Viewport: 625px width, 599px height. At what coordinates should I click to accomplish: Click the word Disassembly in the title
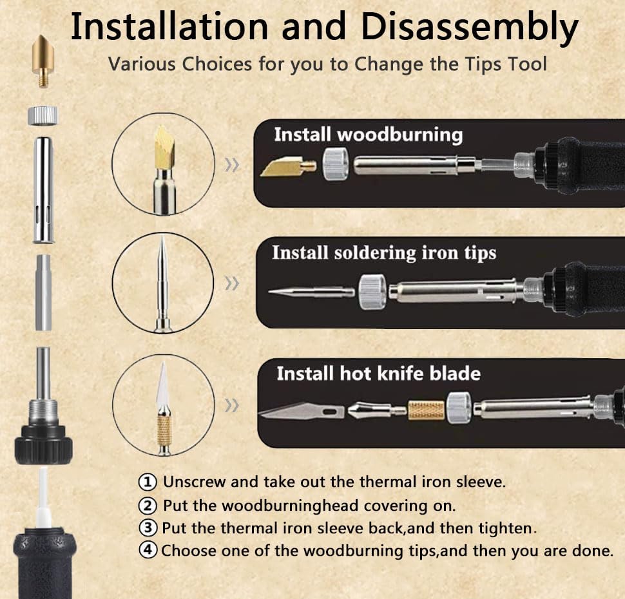pyautogui.click(x=469, y=28)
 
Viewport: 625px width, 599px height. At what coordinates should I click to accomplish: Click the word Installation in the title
pyautogui.click(x=169, y=26)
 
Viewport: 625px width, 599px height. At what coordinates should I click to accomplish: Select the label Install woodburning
pyautogui.click(x=369, y=135)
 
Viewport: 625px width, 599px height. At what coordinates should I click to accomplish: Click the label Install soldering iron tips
pyautogui.click(x=384, y=252)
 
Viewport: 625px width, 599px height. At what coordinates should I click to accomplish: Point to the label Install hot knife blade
pyautogui.click(x=379, y=374)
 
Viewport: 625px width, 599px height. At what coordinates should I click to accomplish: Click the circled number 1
pyautogui.click(x=148, y=482)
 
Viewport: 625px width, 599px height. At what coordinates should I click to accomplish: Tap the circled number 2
pyautogui.click(x=148, y=506)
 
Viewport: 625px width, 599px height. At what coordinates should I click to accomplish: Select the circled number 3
pyautogui.click(x=148, y=528)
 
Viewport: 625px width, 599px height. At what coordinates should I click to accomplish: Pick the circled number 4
pyautogui.click(x=148, y=551)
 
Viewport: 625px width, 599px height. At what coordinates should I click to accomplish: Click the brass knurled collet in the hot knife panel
pyautogui.click(x=426, y=410)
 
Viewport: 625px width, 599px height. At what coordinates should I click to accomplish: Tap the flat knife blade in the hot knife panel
pyautogui.click(x=302, y=411)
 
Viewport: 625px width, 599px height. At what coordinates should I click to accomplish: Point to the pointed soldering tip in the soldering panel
pyautogui.click(x=311, y=292)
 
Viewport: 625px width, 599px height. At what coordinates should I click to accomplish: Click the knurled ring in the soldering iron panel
pyautogui.click(x=372, y=292)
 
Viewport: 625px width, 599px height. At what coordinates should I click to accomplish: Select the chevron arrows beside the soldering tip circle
pyautogui.click(x=232, y=283)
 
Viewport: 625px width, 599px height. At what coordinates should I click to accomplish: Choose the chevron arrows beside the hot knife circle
pyautogui.click(x=232, y=406)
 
